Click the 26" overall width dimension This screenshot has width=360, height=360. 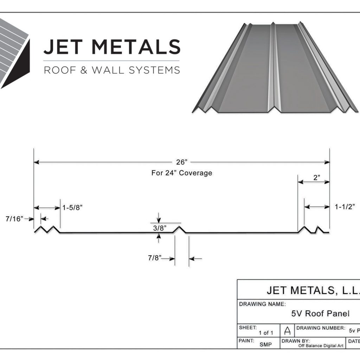point(182,162)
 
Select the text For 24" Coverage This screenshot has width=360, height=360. point(182,173)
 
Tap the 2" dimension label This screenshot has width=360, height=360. point(316,178)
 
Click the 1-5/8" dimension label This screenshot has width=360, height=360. point(72,207)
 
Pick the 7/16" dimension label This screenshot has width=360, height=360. point(14,219)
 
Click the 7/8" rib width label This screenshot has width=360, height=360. point(154,258)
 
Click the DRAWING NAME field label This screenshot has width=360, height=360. point(262,304)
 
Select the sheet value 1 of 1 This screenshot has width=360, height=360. point(265,333)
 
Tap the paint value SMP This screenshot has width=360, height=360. point(265,345)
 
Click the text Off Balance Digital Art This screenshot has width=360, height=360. point(321,346)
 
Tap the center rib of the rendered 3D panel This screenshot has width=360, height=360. point(273,67)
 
